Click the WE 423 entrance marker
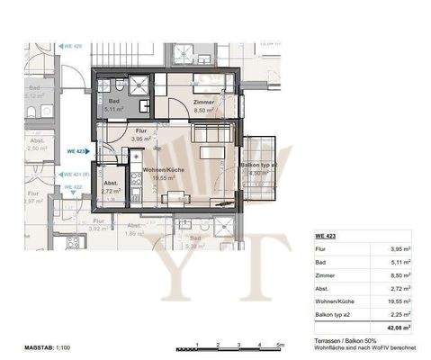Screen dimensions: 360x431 75,152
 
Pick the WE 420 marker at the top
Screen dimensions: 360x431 71,44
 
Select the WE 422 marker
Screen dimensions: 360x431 72,186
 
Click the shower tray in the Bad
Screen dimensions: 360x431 140,87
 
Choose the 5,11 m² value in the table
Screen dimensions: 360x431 402,263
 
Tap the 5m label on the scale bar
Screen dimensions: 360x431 280,346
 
